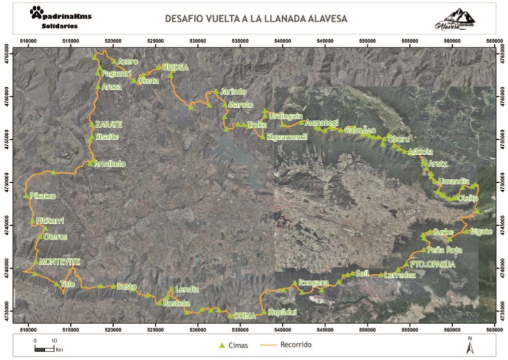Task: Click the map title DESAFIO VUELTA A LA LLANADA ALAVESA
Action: coord(256,19)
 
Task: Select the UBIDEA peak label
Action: coord(176,67)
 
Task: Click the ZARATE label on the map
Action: coord(108,124)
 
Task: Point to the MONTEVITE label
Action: coord(59,262)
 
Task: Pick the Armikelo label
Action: coord(111,163)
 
